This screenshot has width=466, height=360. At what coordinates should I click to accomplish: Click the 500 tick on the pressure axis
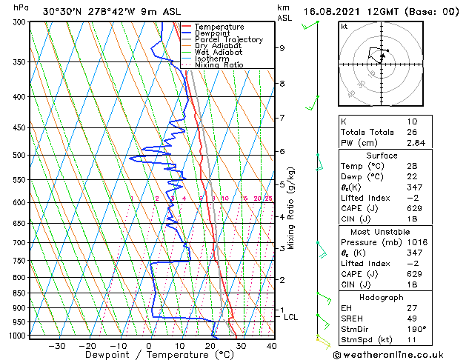(19, 156)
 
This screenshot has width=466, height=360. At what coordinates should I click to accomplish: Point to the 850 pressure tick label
(19, 293)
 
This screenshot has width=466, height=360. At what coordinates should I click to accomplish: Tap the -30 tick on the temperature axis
(57, 346)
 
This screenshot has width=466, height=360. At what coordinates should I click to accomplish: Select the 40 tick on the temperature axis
(271, 346)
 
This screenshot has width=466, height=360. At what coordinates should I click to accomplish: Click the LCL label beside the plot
(290, 317)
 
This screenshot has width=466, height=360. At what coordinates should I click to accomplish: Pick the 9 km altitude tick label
(282, 48)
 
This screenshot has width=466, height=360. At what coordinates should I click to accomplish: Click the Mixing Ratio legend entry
(219, 65)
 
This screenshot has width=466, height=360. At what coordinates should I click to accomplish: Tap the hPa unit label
(21, 7)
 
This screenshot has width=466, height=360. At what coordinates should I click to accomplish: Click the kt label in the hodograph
(344, 27)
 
